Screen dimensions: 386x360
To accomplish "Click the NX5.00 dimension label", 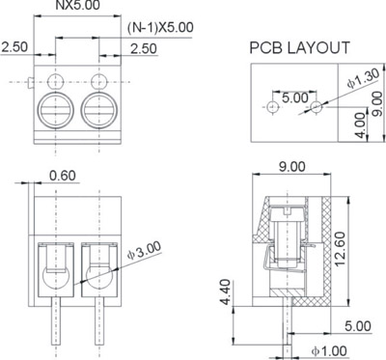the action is click(78, 5).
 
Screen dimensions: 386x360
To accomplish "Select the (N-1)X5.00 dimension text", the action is click(160, 27).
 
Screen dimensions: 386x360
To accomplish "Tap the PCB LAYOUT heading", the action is click(299, 47).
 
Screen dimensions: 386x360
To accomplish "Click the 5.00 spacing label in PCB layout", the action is click(295, 97).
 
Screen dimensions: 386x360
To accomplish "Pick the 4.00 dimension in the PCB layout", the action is click(362, 125).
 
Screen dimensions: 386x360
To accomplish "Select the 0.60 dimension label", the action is click(63, 176).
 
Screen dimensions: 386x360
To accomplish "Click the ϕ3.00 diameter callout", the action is click(144, 251).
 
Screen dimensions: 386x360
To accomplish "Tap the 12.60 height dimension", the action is click(340, 249).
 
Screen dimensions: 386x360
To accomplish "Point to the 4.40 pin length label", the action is click(225, 291).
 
